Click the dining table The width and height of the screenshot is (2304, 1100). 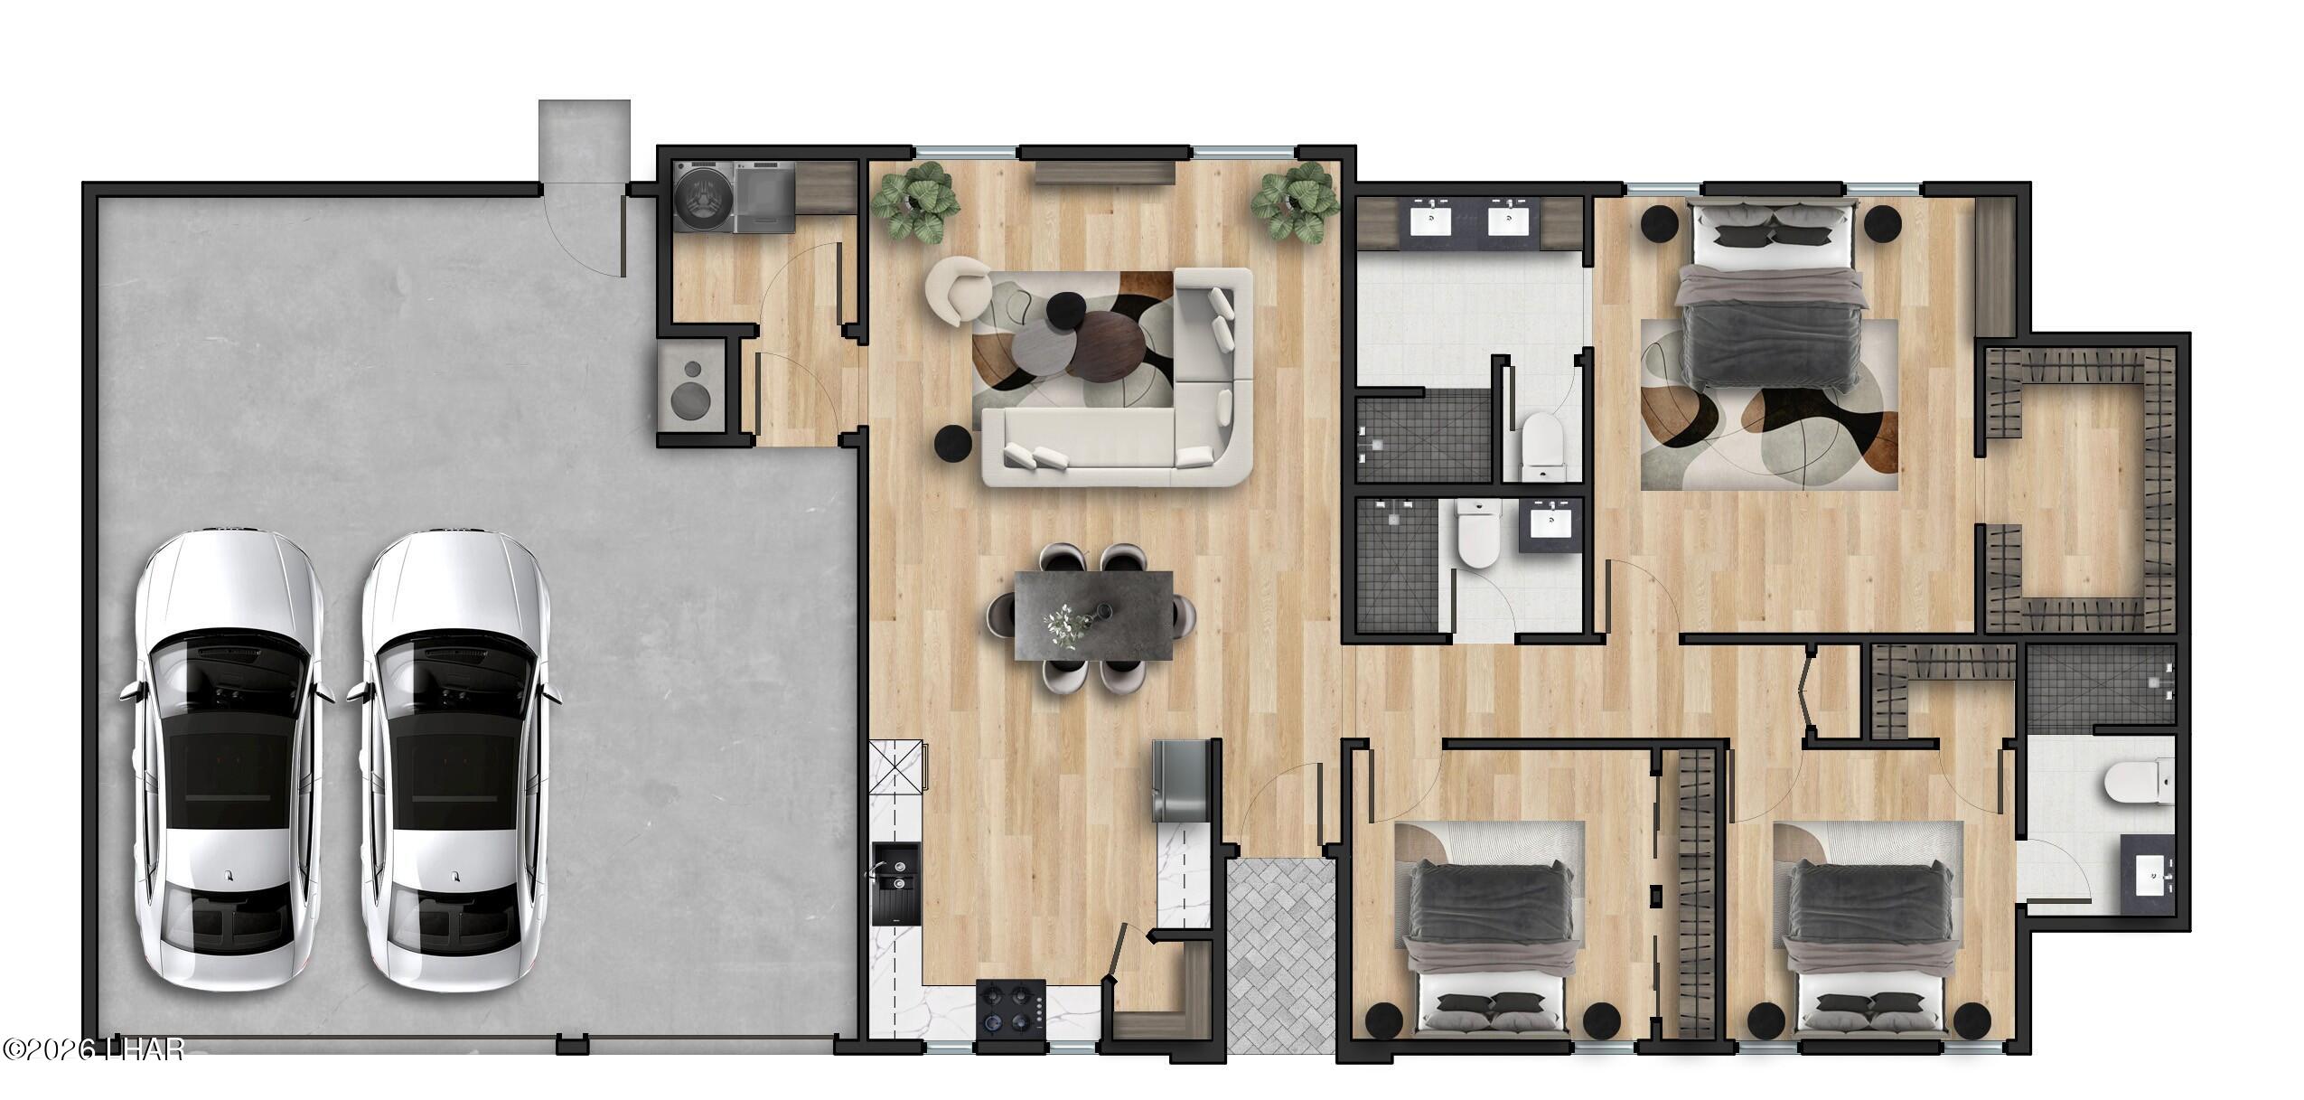click(x=1093, y=615)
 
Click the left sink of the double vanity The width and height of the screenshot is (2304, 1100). click(x=1435, y=220)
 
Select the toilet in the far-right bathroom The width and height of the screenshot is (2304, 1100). click(x=2134, y=784)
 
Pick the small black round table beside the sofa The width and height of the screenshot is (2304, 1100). click(x=953, y=443)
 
